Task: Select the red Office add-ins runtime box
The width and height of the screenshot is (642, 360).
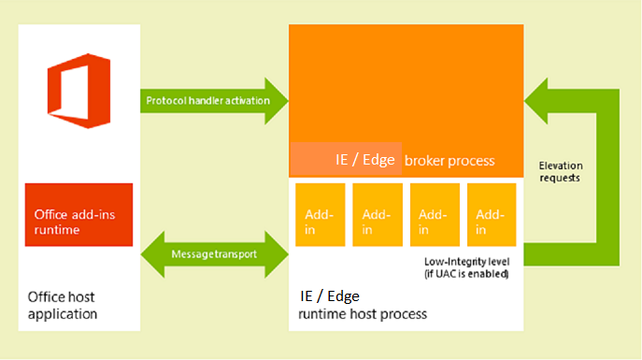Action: click(x=78, y=215)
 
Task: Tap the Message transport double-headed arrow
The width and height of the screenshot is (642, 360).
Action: click(x=215, y=253)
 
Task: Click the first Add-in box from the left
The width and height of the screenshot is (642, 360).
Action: click(x=320, y=215)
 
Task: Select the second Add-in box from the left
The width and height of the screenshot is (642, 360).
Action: click(x=377, y=215)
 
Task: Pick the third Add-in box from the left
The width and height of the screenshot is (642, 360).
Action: click(x=434, y=215)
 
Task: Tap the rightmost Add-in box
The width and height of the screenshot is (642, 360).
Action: click(x=491, y=215)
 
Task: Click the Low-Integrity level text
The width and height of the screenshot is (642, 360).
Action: click(x=464, y=262)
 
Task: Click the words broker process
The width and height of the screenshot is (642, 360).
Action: click(x=449, y=160)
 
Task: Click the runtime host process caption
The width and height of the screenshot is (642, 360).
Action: click(x=363, y=314)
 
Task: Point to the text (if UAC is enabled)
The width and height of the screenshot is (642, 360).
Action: click(x=464, y=274)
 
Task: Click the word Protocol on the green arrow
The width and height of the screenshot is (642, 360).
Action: click(x=165, y=100)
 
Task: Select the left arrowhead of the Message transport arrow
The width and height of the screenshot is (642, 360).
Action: click(x=153, y=253)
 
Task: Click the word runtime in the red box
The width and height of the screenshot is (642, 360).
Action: click(x=55, y=228)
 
